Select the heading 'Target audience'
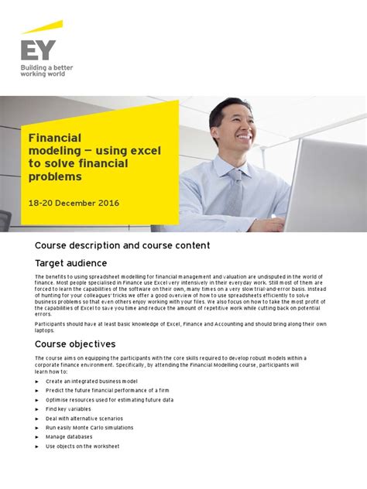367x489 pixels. point(71,263)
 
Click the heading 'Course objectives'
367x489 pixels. point(75,344)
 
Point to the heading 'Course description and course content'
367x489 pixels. point(122,245)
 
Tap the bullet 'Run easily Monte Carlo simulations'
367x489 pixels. point(89,427)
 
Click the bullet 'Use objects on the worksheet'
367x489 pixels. point(83,446)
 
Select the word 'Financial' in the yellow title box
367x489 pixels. point(55,137)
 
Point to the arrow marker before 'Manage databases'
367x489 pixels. point(36,437)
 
